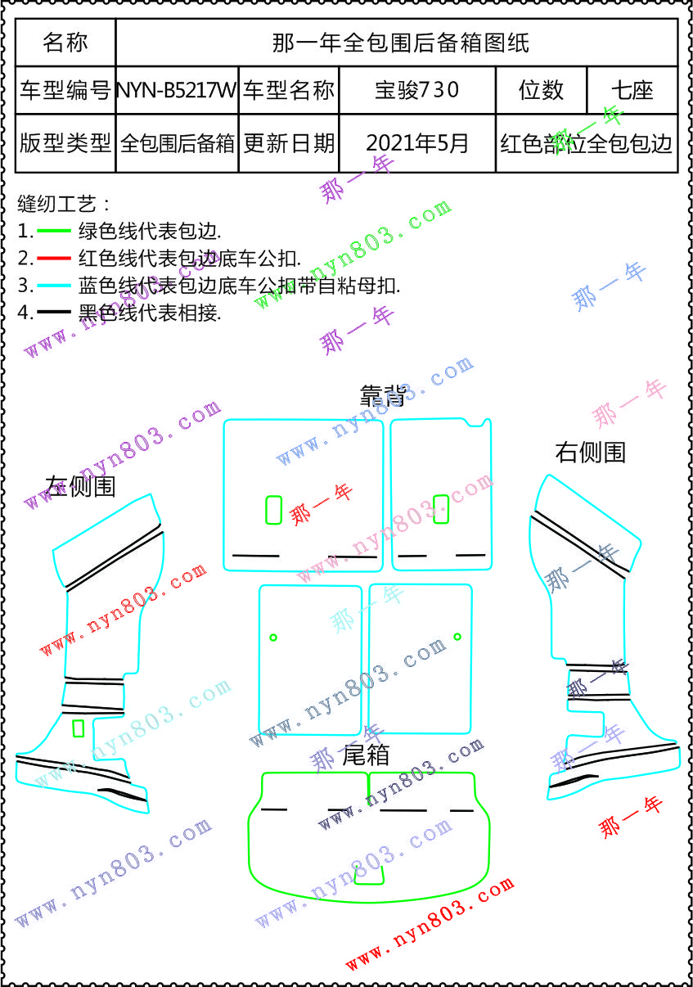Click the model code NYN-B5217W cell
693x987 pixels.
[177, 90]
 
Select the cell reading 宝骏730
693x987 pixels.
[417, 90]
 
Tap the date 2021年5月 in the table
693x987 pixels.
[417, 143]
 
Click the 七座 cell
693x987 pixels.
[632, 90]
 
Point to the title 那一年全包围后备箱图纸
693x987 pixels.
[400, 43]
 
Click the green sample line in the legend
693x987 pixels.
[55, 232]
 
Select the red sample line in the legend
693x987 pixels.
[55, 259]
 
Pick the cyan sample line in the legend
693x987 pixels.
[55, 286]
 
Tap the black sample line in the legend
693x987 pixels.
[55, 312]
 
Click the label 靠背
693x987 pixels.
[383, 395]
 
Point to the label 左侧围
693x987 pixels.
[80, 486]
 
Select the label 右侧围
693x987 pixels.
[590, 452]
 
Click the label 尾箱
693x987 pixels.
[365, 755]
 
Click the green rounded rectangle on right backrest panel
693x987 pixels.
[441, 508]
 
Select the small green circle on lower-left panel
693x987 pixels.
[273, 637]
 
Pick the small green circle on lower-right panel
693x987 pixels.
[457, 636]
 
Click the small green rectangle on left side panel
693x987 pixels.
[79, 728]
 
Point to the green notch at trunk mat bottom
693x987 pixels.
[369, 876]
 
